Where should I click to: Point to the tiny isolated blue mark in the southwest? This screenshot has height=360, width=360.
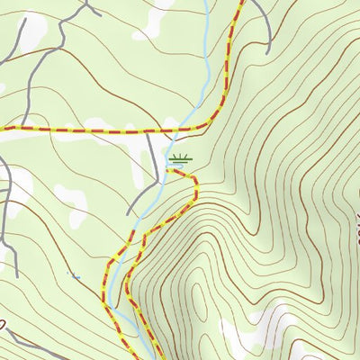[73, 274]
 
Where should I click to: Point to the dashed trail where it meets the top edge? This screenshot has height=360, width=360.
[241, 2]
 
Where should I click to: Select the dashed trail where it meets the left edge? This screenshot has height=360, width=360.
[2, 130]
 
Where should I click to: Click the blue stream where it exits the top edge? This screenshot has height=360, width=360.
[206, 2]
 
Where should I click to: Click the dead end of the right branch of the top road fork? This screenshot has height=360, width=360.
[100, 14]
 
